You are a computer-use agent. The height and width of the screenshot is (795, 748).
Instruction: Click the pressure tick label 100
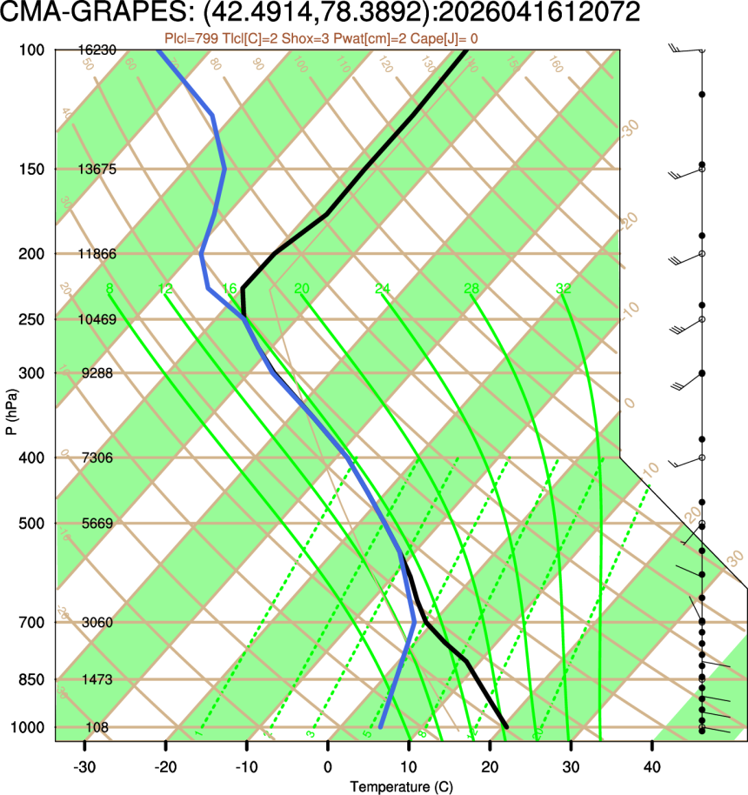tap(30, 50)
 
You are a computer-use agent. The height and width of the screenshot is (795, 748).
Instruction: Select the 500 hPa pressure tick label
tap(30, 524)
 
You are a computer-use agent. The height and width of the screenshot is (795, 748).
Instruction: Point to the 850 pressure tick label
tap(30, 679)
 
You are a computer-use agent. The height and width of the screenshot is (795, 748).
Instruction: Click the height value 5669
tap(97, 524)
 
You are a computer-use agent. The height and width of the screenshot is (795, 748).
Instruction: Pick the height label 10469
tap(97, 320)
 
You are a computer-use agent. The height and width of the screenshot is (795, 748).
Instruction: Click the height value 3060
tap(97, 623)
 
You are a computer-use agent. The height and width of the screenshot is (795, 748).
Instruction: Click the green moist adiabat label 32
tap(563, 289)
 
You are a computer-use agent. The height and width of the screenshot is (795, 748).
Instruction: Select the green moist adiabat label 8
tap(109, 289)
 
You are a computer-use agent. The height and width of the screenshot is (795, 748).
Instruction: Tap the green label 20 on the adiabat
tap(302, 289)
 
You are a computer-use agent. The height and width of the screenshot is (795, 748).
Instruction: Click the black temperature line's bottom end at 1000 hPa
tap(505, 725)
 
